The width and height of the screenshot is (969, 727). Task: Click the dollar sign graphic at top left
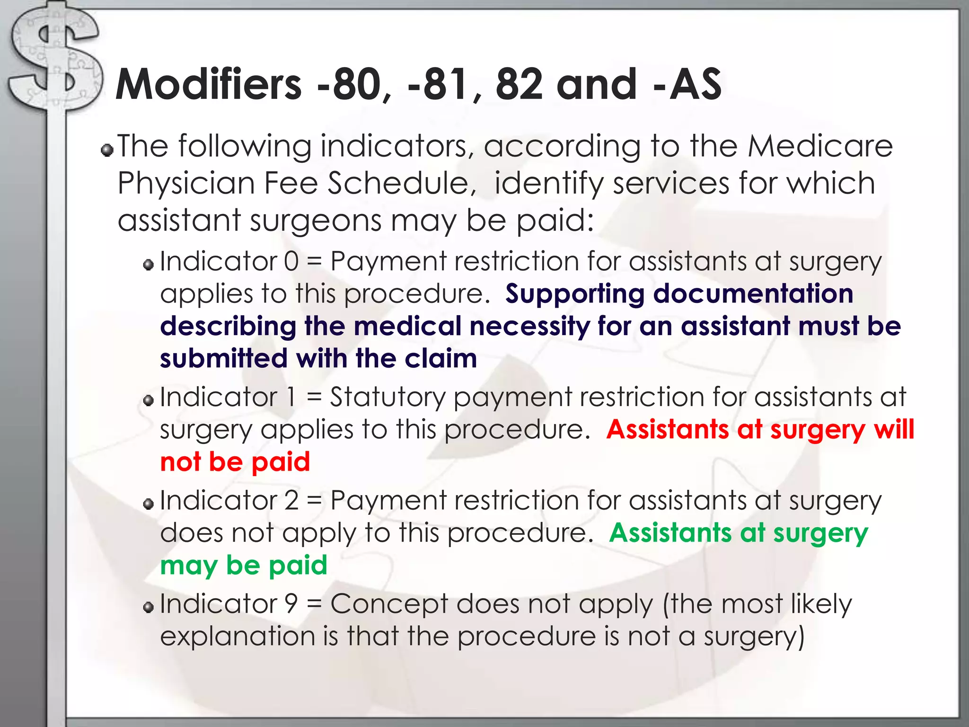[x=54, y=62]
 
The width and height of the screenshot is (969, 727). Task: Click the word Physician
[x=186, y=183]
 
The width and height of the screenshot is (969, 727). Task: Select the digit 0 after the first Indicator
[x=291, y=261]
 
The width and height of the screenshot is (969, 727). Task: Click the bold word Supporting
[x=575, y=294]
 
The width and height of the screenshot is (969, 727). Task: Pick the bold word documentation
[x=753, y=293]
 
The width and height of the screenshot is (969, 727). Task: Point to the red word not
[x=180, y=462]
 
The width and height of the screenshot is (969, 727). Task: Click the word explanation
[x=238, y=637]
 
